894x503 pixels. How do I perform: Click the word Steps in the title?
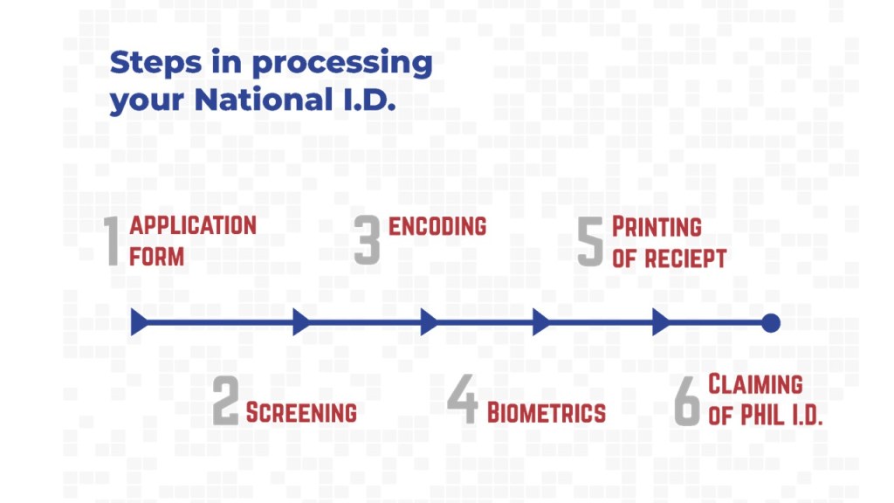[155, 63]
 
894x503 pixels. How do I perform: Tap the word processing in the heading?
[342, 64]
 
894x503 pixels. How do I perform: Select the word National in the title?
[264, 100]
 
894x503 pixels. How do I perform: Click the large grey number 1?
[112, 241]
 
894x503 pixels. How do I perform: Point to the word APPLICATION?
[193, 226]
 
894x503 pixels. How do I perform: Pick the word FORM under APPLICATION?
[157, 257]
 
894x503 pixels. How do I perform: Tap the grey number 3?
[367, 240]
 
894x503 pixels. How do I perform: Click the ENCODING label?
[437, 226]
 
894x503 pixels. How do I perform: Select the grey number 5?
[590, 242]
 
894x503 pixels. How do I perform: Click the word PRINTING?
[657, 227]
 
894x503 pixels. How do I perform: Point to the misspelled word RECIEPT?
[685, 258]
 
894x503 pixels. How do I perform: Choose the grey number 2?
[225, 400]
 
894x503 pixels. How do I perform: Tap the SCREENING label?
[301, 412]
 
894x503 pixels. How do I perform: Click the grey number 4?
[463, 399]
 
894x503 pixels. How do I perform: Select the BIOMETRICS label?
[547, 413]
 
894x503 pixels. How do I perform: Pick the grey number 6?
[686, 401]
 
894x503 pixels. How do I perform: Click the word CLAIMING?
[755, 384]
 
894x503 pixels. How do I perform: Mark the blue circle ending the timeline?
[771, 323]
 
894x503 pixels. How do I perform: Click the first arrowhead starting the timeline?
[139, 322]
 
